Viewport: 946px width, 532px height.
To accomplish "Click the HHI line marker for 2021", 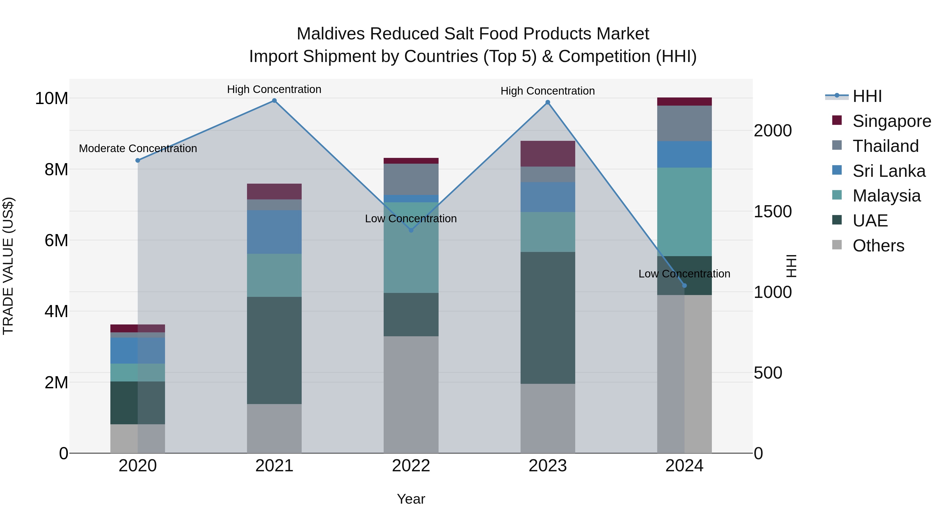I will coord(274,101).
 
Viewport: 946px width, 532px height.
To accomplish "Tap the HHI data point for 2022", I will coord(411,230).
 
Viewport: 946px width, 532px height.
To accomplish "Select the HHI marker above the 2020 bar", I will coord(138,161).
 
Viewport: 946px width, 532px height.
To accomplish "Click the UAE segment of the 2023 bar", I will coord(548,318).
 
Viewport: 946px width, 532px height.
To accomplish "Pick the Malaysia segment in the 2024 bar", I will coord(684,212).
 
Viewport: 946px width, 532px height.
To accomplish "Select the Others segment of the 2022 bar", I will coord(411,395).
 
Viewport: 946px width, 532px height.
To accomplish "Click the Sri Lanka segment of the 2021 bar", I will coord(274,232).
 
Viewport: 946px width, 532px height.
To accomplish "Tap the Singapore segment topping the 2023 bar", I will coord(548,153).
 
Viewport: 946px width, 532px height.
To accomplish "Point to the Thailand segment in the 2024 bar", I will coord(684,123).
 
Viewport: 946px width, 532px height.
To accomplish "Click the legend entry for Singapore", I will coord(891,121).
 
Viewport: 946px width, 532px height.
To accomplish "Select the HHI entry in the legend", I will coord(867,96).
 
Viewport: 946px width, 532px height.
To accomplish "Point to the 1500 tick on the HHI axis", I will coord(773,211).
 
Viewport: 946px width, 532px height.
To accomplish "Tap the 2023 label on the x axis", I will coord(548,466).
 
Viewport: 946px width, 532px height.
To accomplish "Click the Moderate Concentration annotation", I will coord(138,148).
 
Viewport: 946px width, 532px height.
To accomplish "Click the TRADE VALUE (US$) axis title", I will coord(8,266).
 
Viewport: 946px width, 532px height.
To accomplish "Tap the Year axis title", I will coord(411,499).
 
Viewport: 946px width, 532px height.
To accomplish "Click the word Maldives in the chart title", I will coord(331,34).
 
